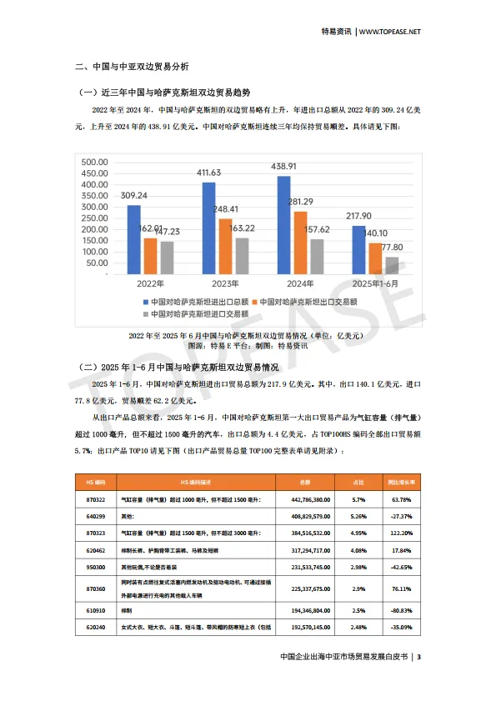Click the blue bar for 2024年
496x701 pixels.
(x=283, y=225)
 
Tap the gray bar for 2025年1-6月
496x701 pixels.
(x=391, y=265)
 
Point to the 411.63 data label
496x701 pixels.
(x=208, y=173)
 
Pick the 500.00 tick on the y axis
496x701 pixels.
(x=94, y=162)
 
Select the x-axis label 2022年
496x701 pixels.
(x=150, y=283)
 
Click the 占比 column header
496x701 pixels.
(x=359, y=483)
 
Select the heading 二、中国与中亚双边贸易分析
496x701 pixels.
(x=132, y=66)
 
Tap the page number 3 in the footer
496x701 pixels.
(x=419, y=658)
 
